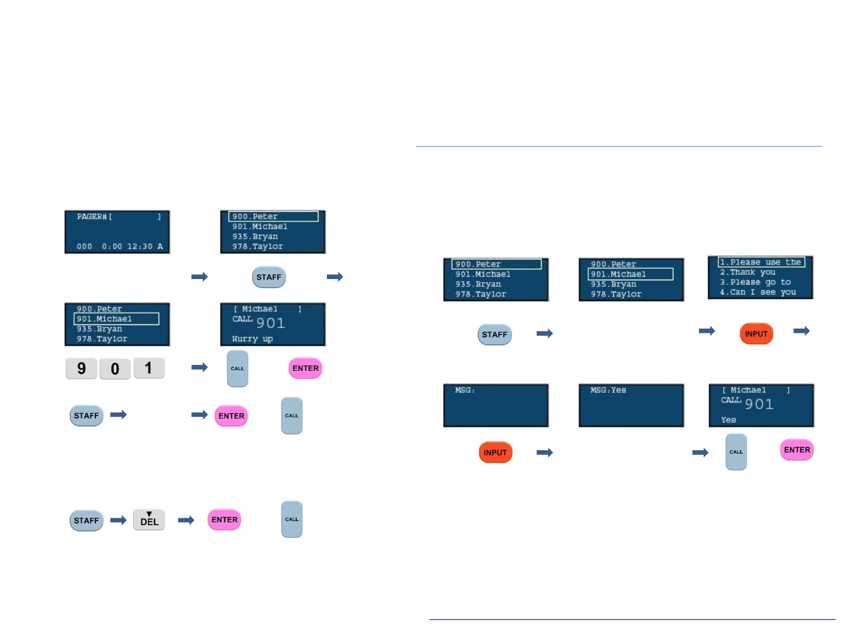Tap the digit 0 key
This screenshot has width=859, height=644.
tap(115, 369)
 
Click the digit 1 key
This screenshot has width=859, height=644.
tap(149, 368)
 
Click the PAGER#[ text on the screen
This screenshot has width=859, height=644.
tap(95, 217)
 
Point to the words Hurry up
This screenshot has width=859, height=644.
tap(252, 339)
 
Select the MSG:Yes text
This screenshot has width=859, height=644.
tap(608, 390)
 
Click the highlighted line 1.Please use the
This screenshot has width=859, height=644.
tap(761, 262)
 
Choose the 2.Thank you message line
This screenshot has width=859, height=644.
tap(747, 272)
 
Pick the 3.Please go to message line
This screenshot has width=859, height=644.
tap(755, 282)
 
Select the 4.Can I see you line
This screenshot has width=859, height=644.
tap(758, 292)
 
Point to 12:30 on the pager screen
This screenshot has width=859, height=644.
tap(140, 246)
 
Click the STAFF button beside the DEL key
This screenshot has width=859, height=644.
tap(86, 521)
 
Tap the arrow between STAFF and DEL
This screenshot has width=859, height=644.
tap(119, 521)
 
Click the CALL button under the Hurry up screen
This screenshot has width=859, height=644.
tap(237, 369)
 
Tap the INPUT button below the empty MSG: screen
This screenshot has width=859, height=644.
tap(495, 453)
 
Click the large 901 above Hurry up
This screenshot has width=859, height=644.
tap(271, 323)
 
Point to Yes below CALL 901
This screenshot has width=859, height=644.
tap(728, 420)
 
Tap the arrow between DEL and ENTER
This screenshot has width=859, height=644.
tap(187, 521)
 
